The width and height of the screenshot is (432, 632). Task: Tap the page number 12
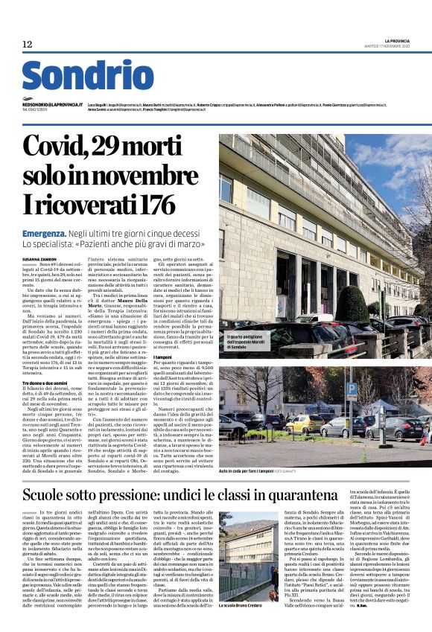tap(27, 45)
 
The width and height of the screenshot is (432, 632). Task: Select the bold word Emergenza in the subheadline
tap(44, 233)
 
